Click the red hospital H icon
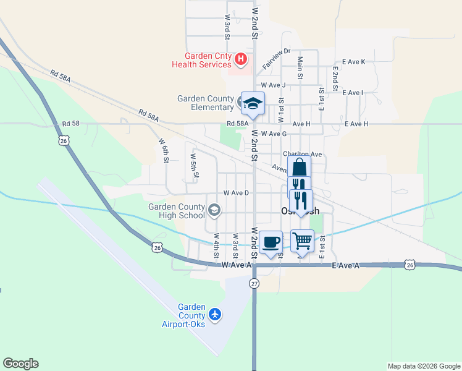pos(241,59)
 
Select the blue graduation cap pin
pos(253,103)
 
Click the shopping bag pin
pos(299,167)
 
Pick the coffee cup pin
pos(271,241)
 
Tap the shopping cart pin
pos(302,240)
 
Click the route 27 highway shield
pos(254,283)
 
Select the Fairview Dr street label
pos(276,59)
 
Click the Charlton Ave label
pos(303,154)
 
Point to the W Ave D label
pos(236,193)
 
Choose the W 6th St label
pos(164,150)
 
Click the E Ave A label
pos(345,265)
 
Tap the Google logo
pos(20,364)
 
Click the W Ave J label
pos(273,85)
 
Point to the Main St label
pos(300,68)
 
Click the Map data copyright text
pos(424,366)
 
